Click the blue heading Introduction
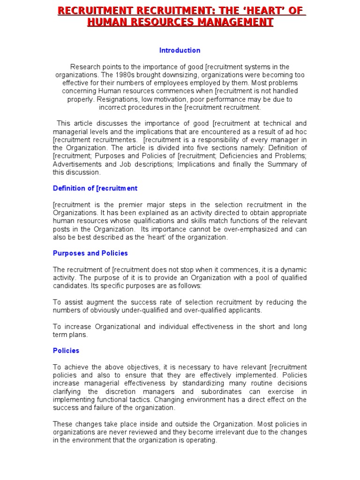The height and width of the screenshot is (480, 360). coord(180,50)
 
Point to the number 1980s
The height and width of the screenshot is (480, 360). coord(126,75)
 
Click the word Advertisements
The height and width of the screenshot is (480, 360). coord(77,164)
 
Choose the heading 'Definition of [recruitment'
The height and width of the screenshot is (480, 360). coord(95,188)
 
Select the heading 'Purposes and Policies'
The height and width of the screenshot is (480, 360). coord(90,253)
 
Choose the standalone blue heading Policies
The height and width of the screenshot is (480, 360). coord(66,351)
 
